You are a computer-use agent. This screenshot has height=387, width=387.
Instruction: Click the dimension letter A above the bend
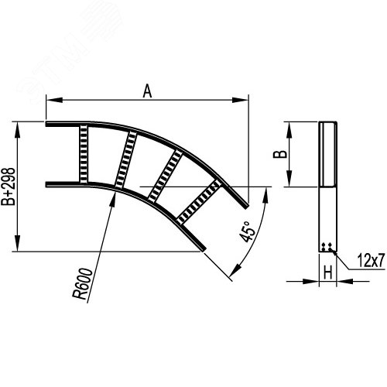[147, 92]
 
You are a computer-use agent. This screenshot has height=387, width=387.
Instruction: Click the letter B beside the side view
[284, 154]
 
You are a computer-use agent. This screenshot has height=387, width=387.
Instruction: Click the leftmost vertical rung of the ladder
[83, 154]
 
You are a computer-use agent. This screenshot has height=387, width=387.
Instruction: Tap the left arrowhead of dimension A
[50, 100]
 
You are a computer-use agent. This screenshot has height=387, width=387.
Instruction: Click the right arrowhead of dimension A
[245, 100]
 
